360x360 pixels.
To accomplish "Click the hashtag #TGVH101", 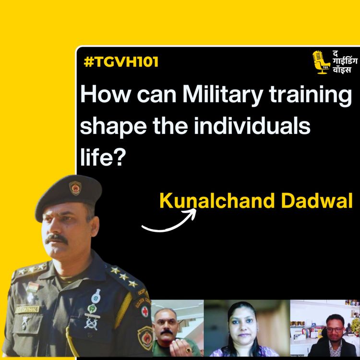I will [120, 62].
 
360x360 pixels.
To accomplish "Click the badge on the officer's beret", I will [75, 188].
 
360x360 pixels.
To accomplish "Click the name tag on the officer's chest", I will [27, 309].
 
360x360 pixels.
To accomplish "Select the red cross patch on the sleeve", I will [143, 311].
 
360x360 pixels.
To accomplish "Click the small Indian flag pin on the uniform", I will [32, 288].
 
